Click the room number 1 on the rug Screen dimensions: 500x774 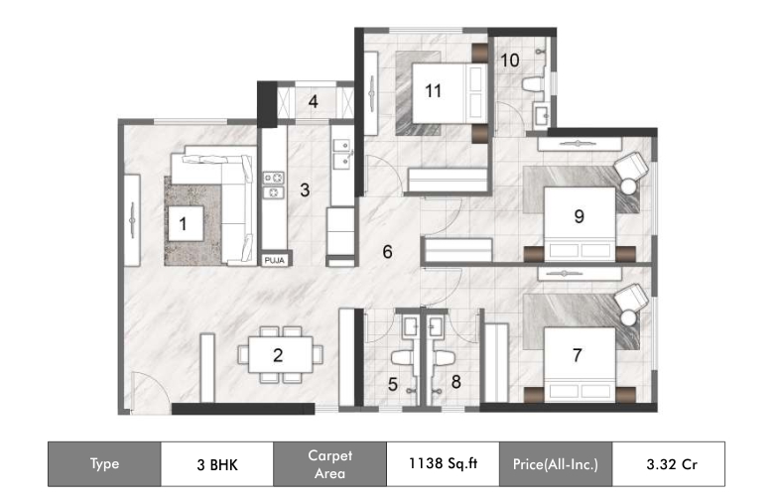pyautogui.click(x=183, y=223)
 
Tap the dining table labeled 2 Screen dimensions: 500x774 pyautogui.click(x=279, y=355)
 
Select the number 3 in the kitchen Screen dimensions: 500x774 pyautogui.click(x=307, y=188)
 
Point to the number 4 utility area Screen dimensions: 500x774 pyautogui.click(x=312, y=101)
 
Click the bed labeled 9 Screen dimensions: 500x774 pyautogui.click(x=578, y=215)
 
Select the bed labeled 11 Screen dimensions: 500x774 pyautogui.click(x=433, y=90)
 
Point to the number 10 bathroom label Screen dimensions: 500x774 pyautogui.click(x=509, y=60)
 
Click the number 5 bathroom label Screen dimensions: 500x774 pyautogui.click(x=393, y=384)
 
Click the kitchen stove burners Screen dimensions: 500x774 pyautogui.click(x=274, y=186)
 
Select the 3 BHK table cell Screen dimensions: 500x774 pyautogui.click(x=216, y=463)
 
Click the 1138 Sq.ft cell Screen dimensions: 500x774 pyautogui.click(x=441, y=463)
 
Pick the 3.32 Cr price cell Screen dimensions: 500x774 pyautogui.click(x=668, y=463)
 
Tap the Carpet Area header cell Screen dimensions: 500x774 pyautogui.click(x=328, y=463)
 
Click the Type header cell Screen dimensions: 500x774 pyautogui.click(x=104, y=463)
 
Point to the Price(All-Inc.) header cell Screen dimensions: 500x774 pyautogui.click(x=555, y=463)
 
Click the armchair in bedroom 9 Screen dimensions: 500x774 pyautogui.click(x=629, y=171)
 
